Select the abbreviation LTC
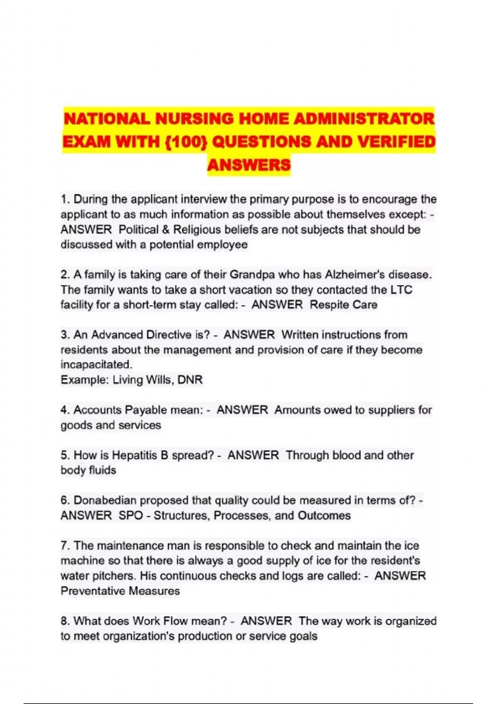(401, 289)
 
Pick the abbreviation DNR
(190, 380)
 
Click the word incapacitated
(96, 365)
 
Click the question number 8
(65, 621)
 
